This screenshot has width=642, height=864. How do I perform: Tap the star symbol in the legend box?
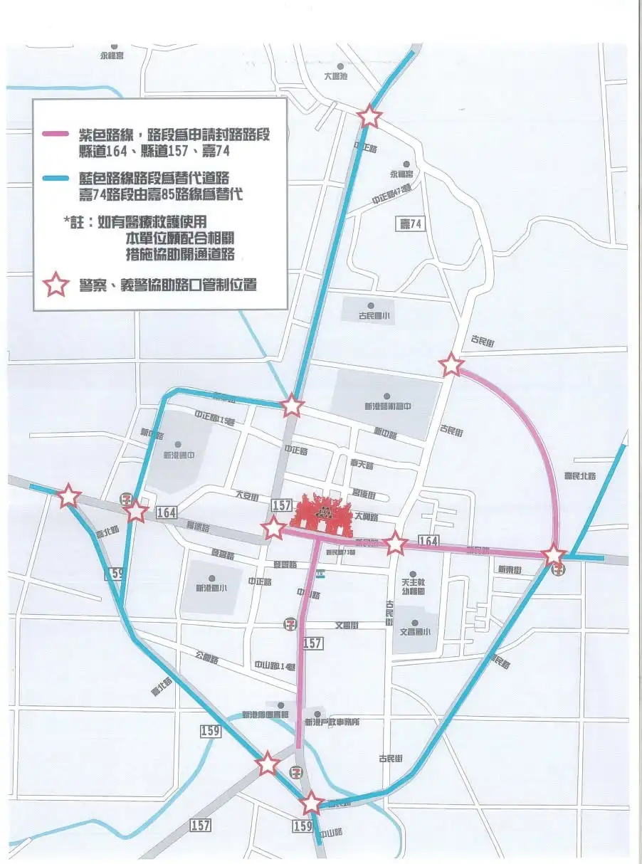[x=56, y=285]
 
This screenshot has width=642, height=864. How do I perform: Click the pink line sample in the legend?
[x=56, y=134]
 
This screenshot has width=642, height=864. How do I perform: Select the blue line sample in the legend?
[x=56, y=178]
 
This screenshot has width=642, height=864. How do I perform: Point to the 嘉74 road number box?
[x=411, y=225]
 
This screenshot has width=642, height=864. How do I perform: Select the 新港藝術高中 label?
[x=388, y=406]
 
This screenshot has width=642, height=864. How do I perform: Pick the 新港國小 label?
[x=211, y=588]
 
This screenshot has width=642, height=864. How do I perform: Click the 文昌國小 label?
[x=415, y=631]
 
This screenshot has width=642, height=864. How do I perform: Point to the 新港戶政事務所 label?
[x=332, y=722]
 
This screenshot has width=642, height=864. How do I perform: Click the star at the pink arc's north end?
[x=451, y=365]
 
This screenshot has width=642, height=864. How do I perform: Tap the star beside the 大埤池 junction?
[x=369, y=116]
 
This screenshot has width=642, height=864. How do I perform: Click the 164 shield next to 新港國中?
[x=166, y=512]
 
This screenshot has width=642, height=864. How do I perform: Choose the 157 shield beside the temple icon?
[x=281, y=505]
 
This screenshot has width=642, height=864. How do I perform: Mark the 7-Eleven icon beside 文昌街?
[x=290, y=624]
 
